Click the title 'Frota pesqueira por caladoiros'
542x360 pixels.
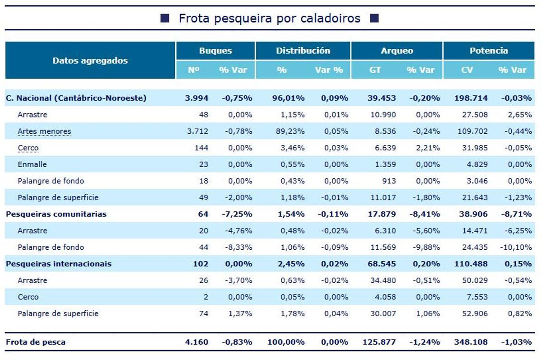269,18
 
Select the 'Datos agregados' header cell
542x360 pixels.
90,61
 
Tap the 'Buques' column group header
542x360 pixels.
215,51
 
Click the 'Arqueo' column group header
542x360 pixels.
397,51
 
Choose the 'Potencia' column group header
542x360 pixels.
489,51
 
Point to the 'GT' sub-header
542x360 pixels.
375,70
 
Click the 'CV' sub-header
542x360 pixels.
467,70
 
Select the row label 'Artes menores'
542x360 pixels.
44,131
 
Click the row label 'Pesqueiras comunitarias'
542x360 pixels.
56,214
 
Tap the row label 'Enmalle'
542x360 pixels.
32,164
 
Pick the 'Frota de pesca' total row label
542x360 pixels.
35,342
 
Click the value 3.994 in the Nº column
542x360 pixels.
196,98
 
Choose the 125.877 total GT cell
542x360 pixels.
379,342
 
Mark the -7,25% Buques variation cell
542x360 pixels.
237,214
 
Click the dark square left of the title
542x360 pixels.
165,18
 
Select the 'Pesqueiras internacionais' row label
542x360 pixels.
58,264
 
